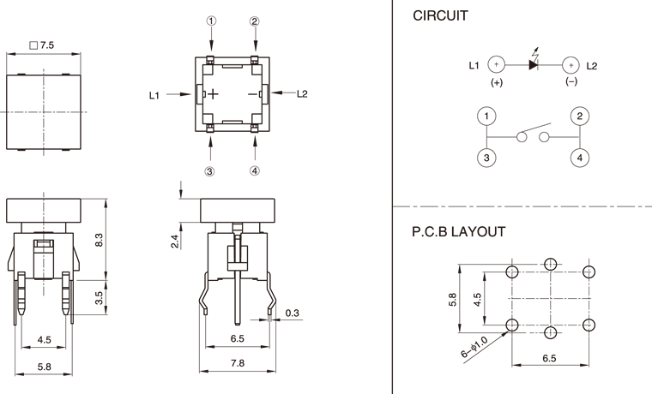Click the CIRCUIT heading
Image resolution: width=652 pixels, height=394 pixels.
[x=440, y=16]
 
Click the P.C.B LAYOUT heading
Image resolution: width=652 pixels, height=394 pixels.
[x=459, y=231]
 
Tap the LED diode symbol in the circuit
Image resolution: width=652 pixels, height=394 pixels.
[x=534, y=64]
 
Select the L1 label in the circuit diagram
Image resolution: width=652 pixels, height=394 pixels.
[x=474, y=65]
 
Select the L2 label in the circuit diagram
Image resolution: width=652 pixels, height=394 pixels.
[x=592, y=65]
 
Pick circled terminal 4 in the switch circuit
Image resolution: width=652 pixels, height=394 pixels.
[x=580, y=158]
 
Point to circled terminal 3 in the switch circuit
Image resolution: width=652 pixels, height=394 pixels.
[x=486, y=158]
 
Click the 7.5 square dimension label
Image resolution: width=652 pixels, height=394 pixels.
[x=42, y=43]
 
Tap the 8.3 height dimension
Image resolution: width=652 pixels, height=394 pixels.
[x=100, y=241]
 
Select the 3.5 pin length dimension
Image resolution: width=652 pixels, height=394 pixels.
[x=100, y=298]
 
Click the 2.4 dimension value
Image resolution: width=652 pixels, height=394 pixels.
[x=174, y=242]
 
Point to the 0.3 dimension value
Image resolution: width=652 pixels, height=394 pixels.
[x=292, y=312]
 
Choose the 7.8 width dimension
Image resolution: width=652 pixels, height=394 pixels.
[x=238, y=364]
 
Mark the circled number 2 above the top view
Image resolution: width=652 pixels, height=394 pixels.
[x=255, y=22]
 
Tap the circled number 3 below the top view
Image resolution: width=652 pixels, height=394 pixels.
[x=209, y=171]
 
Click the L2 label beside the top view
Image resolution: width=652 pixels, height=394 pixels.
[x=302, y=94]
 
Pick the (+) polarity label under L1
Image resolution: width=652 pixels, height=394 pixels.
[x=496, y=82]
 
